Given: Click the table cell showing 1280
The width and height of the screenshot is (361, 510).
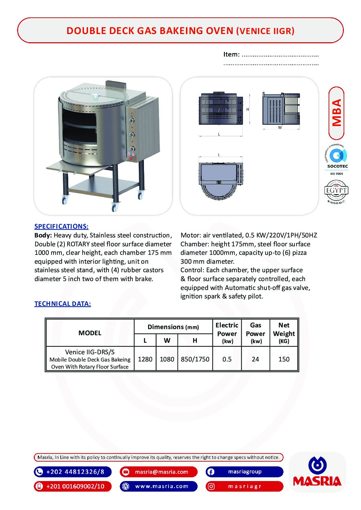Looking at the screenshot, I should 145,359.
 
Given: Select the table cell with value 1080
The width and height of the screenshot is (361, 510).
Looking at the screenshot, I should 167,359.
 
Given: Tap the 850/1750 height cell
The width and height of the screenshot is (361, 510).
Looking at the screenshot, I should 195,359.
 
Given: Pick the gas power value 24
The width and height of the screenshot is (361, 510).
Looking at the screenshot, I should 255,359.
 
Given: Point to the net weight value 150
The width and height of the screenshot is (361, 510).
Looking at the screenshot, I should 284,359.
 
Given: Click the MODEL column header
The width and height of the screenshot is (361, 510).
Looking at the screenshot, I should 90,333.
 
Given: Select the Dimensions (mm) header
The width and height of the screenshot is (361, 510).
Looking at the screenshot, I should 173,327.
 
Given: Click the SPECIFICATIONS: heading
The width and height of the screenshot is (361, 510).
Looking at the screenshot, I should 61,226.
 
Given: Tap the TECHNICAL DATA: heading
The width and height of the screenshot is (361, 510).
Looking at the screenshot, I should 62,304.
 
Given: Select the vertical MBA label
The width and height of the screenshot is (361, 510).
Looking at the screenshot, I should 336,113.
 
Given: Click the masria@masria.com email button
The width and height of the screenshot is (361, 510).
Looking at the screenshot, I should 159,472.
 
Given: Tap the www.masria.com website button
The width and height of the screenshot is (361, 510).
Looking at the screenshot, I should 159,486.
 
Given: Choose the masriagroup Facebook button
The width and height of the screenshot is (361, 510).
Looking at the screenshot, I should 244,472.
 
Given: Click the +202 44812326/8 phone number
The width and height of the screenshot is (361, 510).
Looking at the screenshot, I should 73,472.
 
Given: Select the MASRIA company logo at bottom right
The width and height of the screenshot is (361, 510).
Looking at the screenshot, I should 317,472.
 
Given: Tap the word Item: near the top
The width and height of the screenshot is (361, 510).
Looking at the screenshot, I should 231,54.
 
